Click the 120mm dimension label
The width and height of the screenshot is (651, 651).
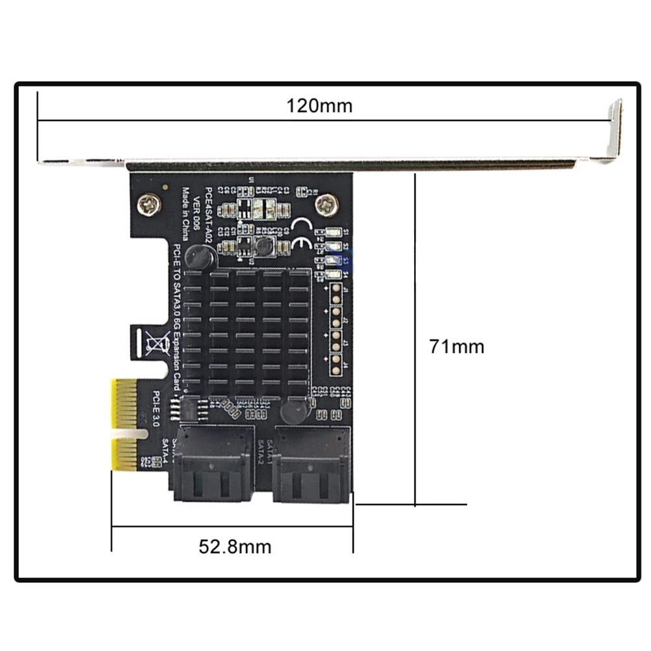[319, 105]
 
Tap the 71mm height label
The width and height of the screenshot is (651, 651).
[456, 346]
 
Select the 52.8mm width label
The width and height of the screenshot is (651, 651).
[235, 546]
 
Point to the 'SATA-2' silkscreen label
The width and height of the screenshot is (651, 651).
[259, 451]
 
